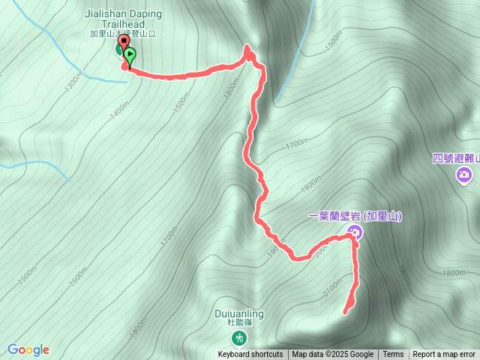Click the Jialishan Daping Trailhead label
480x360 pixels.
click(121, 19)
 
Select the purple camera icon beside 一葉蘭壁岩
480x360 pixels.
click(356, 232)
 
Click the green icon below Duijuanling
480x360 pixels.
click(239, 338)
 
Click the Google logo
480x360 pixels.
click(28, 349)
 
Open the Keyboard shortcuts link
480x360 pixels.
click(250, 355)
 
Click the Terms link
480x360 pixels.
click(393, 355)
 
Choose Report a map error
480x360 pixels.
click(444, 355)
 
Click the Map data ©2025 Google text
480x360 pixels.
click(332, 355)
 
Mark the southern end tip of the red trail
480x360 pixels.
click(346, 312)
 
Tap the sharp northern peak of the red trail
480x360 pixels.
click(247, 49)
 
